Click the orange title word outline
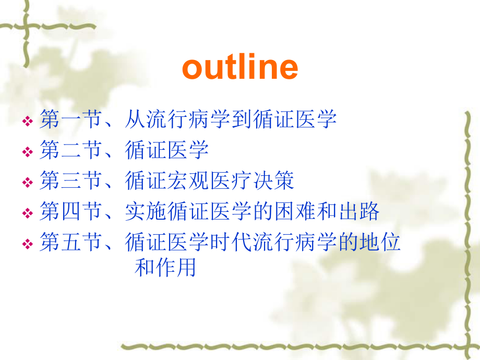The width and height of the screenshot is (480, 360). pos(240,67)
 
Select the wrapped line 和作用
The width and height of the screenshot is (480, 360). pos(165,268)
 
